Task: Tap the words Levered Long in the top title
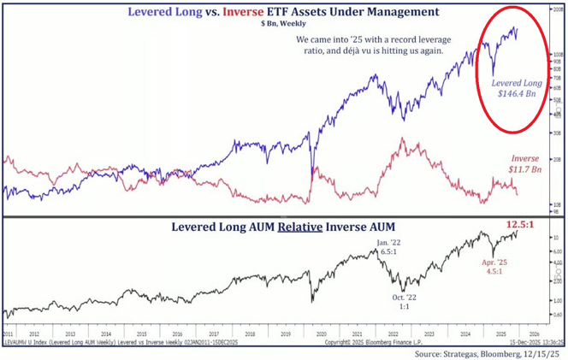(x=158, y=13)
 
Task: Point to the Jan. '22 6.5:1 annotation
(x=389, y=248)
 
